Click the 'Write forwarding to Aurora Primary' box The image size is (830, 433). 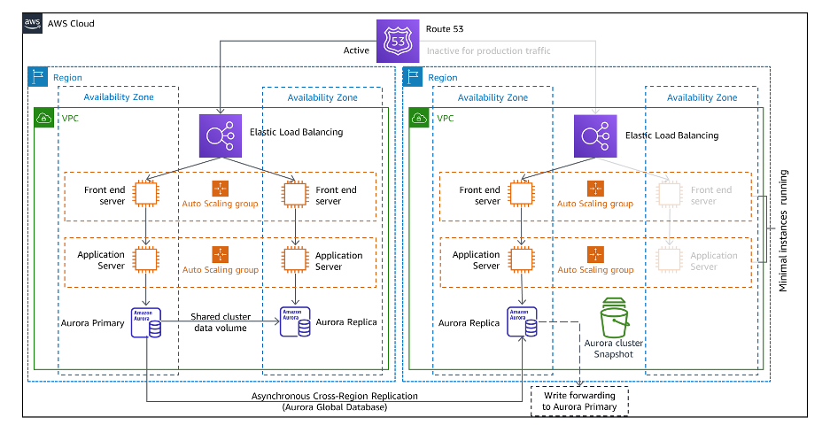[578, 401]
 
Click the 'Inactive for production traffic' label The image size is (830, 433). [488, 51]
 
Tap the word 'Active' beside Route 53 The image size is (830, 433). [356, 51]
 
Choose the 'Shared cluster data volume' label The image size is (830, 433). [221, 322]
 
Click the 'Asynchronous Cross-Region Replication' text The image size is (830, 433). [334, 396]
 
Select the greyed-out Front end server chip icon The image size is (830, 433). [670, 194]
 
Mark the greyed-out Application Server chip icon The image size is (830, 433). [670, 260]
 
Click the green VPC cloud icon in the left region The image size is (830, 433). [44, 118]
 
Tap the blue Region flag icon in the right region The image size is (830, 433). [414, 77]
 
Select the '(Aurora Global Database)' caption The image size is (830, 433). [334, 407]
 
